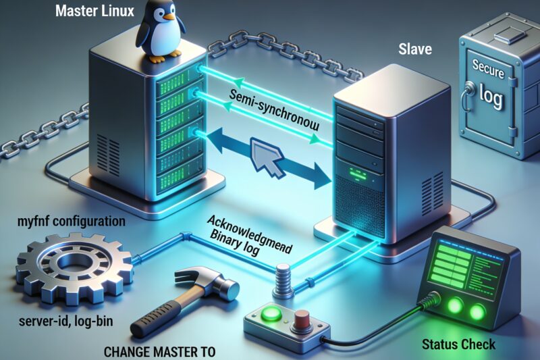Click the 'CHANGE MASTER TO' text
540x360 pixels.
click(x=159, y=352)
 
